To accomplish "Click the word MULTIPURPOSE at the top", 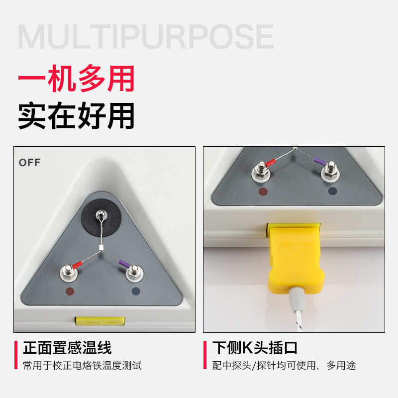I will [x=145, y=36].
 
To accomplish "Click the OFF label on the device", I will [x=29, y=163].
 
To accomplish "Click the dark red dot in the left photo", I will [x=69, y=292].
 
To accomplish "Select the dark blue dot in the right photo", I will [x=332, y=191].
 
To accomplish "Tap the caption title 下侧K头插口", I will [x=255, y=347].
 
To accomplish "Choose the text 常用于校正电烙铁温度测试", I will [x=82, y=366].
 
